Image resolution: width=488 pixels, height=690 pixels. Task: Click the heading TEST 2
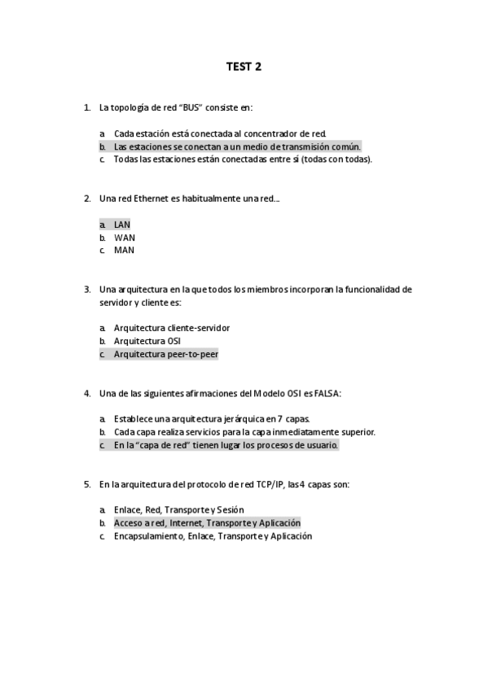(244, 67)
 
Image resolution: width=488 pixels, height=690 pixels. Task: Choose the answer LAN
(122, 225)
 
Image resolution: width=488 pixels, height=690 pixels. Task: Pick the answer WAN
(124, 238)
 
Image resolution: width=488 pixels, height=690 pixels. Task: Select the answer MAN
(124, 251)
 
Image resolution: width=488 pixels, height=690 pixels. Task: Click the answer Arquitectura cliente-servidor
(171, 328)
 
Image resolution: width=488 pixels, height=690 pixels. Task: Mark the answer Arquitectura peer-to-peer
(165, 355)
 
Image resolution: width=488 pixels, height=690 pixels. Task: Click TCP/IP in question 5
(267, 484)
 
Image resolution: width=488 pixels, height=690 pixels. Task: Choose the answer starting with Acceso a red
(207, 523)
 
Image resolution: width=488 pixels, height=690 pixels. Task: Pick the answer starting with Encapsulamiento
(213, 536)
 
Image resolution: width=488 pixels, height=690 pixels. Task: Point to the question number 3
(87, 289)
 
